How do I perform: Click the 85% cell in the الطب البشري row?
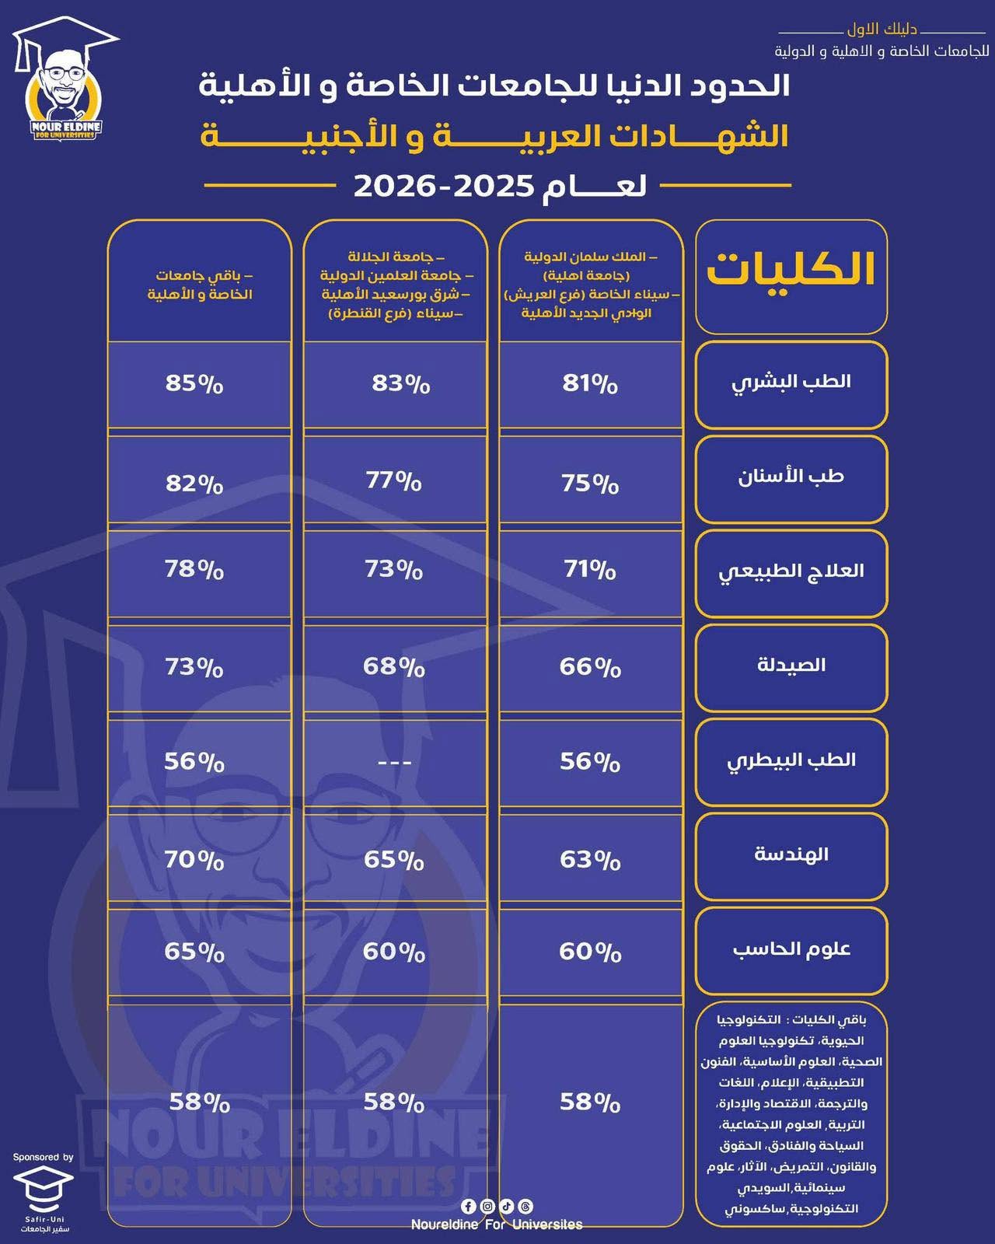(x=194, y=383)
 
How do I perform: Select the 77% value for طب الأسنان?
(x=393, y=480)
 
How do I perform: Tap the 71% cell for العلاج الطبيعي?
(x=590, y=569)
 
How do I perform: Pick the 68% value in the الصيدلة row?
(x=393, y=666)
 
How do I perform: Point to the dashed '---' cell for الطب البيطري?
(x=394, y=763)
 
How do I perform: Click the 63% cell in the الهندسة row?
(x=590, y=860)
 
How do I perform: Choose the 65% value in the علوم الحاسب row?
(x=194, y=952)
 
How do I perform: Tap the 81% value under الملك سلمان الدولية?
(x=590, y=383)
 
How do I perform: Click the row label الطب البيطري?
(x=791, y=760)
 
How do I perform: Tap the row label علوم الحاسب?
(x=791, y=949)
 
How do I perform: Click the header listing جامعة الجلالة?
(x=396, y=285)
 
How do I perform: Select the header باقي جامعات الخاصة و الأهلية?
(x=200, y=285)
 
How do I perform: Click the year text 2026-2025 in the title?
(x=443, y=186)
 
